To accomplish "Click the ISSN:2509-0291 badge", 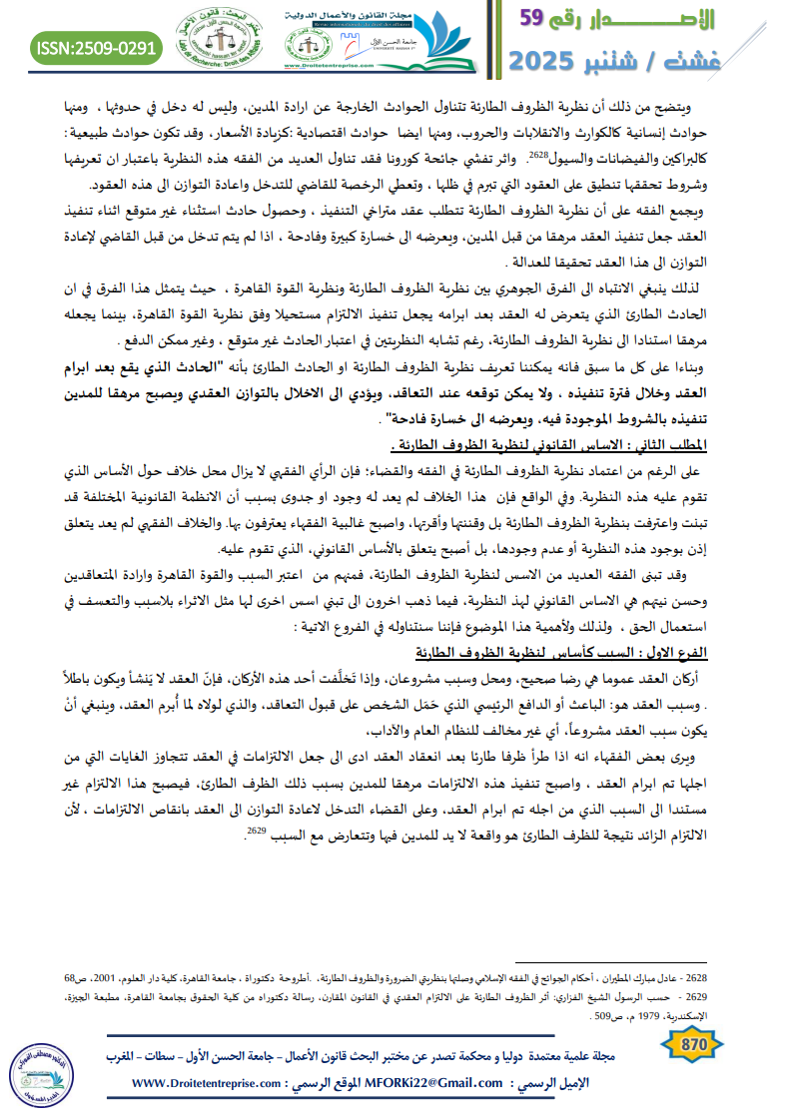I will click(97, 47).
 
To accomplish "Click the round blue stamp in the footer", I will click(39, 1069).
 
